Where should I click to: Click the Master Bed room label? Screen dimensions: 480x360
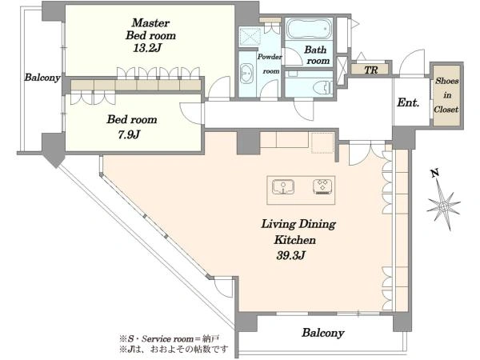point(150,29)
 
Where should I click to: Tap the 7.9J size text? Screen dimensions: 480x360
point(129,134)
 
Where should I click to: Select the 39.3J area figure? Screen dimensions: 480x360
point(290,255)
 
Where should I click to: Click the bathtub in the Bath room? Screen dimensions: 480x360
point(309,28)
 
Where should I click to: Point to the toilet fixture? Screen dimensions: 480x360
point(323,87)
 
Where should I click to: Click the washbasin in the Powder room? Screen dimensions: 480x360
point(246,74)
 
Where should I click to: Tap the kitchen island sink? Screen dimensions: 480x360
point(283,186)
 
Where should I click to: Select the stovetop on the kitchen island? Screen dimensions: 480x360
point(322,186)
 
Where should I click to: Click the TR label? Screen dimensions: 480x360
point(371,70)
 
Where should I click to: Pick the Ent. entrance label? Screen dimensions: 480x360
point(408,102)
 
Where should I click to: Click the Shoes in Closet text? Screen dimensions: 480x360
point(447,95)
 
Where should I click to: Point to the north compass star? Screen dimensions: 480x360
point(443,206)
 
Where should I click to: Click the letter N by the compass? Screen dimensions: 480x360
point(434,174)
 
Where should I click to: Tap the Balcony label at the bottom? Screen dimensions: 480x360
point(323,333)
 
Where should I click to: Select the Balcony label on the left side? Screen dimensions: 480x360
point(42,78)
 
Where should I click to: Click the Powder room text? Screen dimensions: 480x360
point(270,64)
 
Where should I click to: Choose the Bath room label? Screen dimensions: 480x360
point(317,55)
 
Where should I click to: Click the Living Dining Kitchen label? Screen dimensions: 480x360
point(297,232)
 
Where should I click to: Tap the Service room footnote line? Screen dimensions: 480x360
point(169,339)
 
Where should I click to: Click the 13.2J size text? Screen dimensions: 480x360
point(147,48)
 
